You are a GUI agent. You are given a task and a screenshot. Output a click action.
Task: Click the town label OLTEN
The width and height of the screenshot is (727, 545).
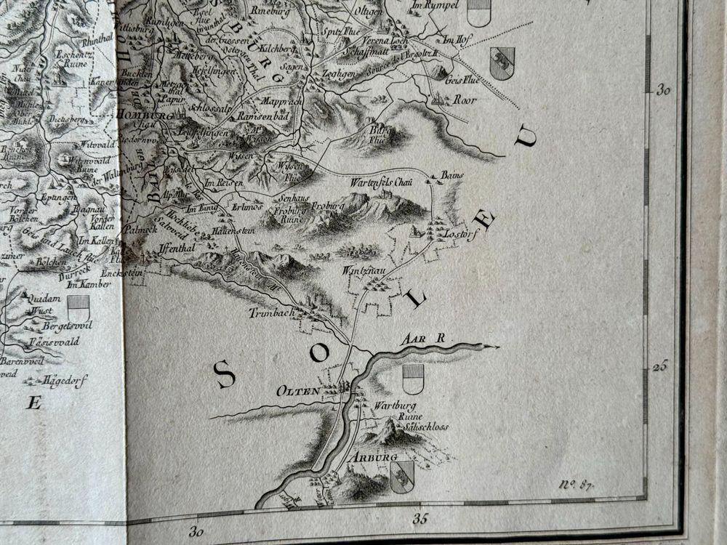coord(298,391)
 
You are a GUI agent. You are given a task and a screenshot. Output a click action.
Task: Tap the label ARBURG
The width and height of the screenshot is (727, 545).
coord(374,458)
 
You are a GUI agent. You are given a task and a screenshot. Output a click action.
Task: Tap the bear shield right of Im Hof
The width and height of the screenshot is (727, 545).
coord(502,62)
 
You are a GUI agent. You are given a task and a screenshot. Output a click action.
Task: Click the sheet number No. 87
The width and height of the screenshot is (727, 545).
coord(575,485)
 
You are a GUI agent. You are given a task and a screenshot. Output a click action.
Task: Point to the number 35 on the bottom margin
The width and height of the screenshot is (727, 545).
coord(420,519)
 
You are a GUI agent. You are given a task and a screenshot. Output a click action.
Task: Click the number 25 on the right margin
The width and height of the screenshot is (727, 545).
coord(659,366)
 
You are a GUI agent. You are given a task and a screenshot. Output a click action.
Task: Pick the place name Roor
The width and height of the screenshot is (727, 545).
coord(465,100)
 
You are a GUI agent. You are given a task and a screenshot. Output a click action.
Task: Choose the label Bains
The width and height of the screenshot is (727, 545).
coord(451,176)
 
